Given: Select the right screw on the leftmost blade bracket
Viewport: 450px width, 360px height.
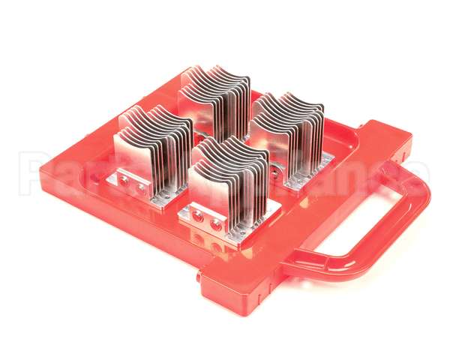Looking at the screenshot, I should click(x=139, y=187).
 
